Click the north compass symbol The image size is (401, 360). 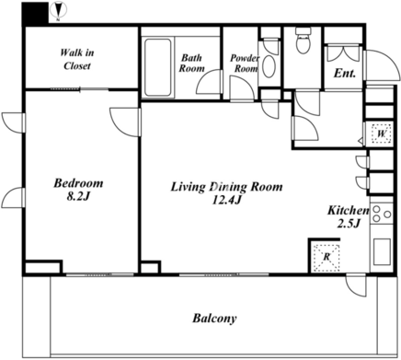pyautogui.click(x=59, y=9)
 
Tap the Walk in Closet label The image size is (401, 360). pyautogui.click(x=77, y=59)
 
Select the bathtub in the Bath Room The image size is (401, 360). pyautogui.click(x=157, y=67)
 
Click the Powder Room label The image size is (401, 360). pyautogui.click(x=245, y=64)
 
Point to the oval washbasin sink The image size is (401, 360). pyautogui.click(x=269, y=66)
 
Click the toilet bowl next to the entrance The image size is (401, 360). pyautogui.click(x=304, y=40)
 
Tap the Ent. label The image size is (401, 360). pyautogui.click(x=345, y=73)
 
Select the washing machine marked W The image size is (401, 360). pyautogui.click(x=382, y=134)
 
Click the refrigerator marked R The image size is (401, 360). pyautogui.click(x=326, y=257)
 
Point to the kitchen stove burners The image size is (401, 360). pyautogui.click(x=382, y=214)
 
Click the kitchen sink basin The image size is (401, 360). pyautogui.click(x=382, y=251)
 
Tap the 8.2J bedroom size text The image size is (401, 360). pyautogui.click(x=77, y=197)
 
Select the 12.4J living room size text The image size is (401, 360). pyautogui.click(x=227, y=200)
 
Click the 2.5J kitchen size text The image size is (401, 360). pyautogui.click(x=348, y=224)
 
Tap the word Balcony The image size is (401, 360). pyautogui.click(x=214, y=319)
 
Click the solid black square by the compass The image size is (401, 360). pyautogui.click(x=35, y=13)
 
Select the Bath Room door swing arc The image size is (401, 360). pyautogui.click(x=209, y=81)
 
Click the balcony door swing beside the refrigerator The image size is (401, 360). pyautogui.click(x=356, y=285)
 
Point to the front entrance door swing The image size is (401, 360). pyautogui.click(x=382, y=65)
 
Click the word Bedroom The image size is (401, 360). pyautogui.click(x=78, y=183)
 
